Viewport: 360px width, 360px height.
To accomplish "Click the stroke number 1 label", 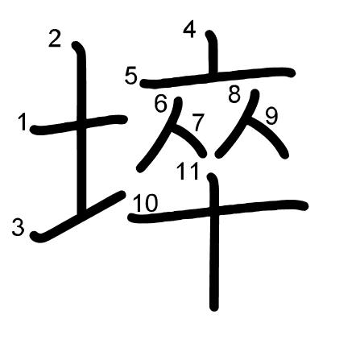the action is click(x=23, y=122).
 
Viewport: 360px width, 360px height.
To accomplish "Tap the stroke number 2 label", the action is click(x=55, y=39).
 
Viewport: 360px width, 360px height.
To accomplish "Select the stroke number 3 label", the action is click(x=18, y=228).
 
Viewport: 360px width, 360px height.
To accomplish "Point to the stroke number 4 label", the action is click(x=189, y=30).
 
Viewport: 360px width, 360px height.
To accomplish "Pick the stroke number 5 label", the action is click(x=131, y=76).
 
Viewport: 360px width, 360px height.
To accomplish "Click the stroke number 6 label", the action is click(x=161, y=104).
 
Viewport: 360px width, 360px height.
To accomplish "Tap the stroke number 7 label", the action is click(x=198, y=122).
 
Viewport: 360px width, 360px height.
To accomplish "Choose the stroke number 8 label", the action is click(x=234, y=94).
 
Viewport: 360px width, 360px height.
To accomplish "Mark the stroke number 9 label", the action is click(x=271, y=117).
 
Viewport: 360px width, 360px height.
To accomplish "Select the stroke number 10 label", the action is click(x=145, y=203).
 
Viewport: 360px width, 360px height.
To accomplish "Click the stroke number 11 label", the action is click(x=188, y=172).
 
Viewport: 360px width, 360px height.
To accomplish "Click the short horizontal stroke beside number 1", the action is click(x=78, y=124).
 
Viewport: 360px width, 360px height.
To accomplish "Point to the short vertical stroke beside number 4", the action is click(x=213, y=51).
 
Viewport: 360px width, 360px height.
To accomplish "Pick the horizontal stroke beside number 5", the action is click(x=217, y=77).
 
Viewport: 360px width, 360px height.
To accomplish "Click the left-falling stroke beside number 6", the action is click(x=159, y=134).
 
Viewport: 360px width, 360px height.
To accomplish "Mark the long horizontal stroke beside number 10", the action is click(x=217, y=211).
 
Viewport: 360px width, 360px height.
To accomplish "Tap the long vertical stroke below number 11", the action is click(x=214, y=242).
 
